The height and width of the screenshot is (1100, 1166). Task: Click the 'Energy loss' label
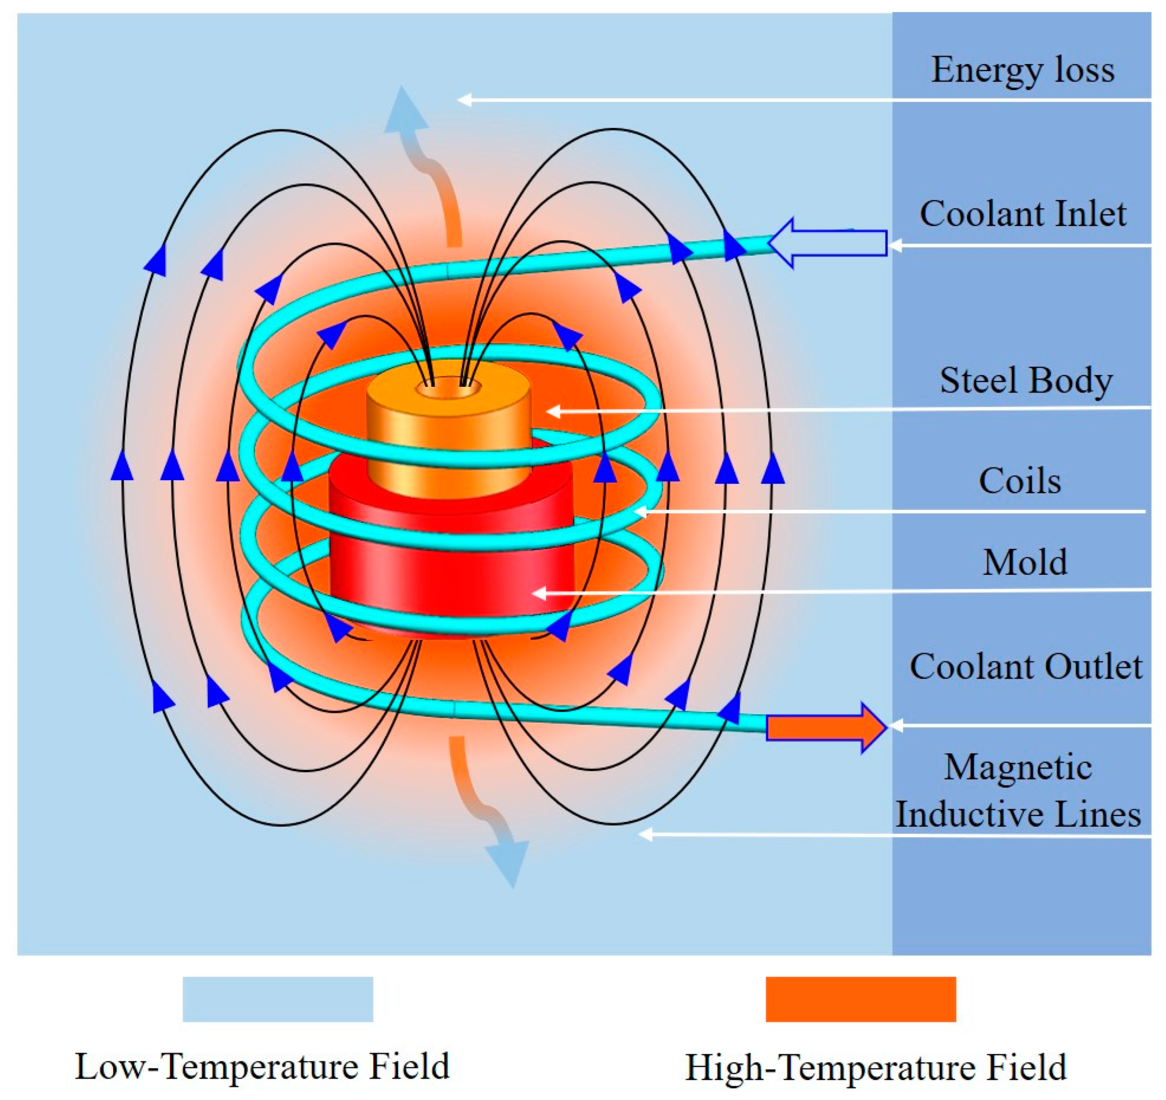click(x=1022, y=71)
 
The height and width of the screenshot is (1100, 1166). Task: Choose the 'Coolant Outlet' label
click(x=1025, y=667)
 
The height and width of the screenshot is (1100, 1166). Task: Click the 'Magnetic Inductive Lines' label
click(x=1018, y=791)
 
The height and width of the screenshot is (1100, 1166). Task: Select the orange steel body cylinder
click(x=449, y=440)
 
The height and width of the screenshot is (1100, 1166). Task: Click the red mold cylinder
click(x=452, y=563)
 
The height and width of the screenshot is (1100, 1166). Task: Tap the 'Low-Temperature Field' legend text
click(x=262, y=1066)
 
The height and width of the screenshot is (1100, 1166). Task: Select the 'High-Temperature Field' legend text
click(x=876, y=1067)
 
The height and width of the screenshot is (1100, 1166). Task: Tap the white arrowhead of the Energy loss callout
click(x=464, y=100)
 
